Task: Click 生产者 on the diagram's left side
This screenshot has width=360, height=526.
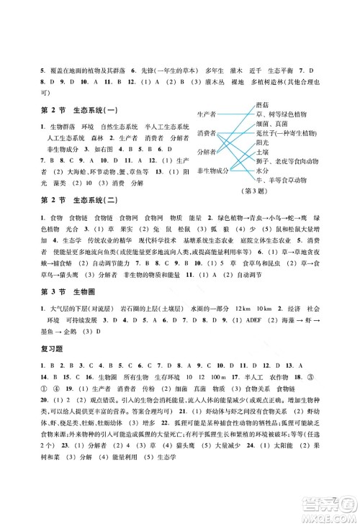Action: click(x=207, y=114)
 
